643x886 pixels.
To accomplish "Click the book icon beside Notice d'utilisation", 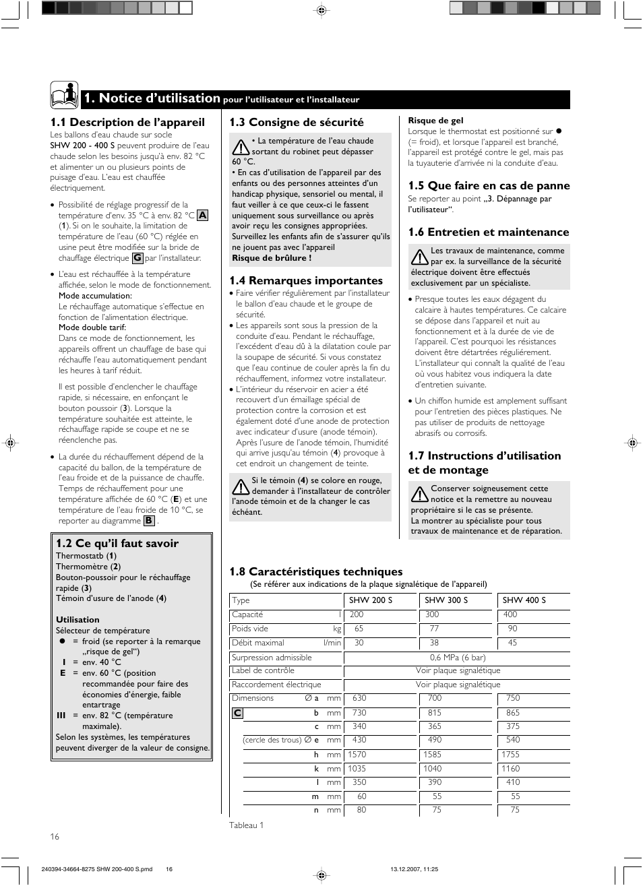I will click(x=64, y=95).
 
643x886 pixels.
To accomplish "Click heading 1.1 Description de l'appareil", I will click(x=127, y=122).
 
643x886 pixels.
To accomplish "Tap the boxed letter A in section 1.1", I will click(x=202, y=216).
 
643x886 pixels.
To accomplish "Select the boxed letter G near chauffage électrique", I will click(x=137, y=258).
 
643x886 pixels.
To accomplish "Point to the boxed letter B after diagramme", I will click(x=149, y=521).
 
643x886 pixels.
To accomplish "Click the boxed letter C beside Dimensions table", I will click(x=237, y=713).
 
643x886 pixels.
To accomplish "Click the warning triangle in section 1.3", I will click(x=240, y=146).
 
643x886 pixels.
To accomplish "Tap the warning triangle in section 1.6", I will click(x=419, y=256).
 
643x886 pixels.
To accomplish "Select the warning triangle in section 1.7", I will click(x=419, y=494).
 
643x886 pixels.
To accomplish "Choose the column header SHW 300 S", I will click(x=446, y=600).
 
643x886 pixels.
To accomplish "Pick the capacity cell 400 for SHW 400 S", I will click(x=510, y=614).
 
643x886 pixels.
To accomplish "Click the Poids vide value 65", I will click(x=359, y=629).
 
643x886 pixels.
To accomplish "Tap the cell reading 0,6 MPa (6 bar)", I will click(x=457, y=658).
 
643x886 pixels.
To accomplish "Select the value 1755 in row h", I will click(x=510, y=755).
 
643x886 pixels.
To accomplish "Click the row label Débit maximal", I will click(x=258, y=643).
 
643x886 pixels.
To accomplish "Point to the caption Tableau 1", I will click(x=246, y=825).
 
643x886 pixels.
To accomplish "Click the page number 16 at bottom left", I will click(x=55, y=837).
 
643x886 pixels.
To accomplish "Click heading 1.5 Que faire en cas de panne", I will click(x=489, y=186).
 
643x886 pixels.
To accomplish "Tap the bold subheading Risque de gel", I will click(x=435, y=121).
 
